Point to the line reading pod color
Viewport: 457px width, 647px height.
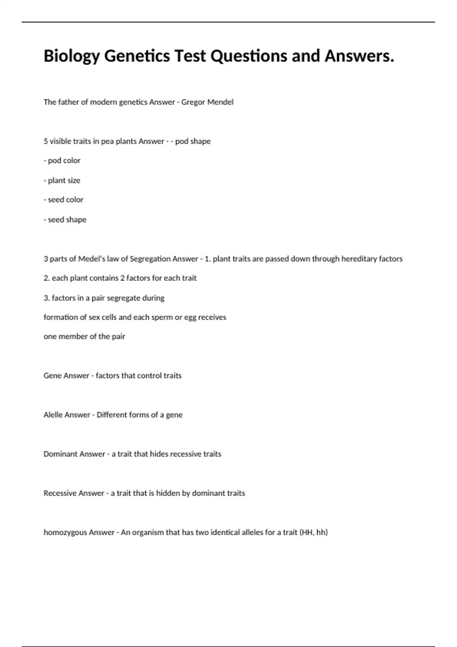pos(62,161)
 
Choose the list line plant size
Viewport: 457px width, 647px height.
pos(62,180)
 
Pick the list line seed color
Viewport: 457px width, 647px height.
pos(64,200)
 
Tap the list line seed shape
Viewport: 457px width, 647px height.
pos(65,220)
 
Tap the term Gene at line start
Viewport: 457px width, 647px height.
pos(52,376)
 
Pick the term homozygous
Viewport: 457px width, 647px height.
pos(65,533)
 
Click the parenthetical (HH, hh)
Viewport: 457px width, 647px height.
pos(314,532)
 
